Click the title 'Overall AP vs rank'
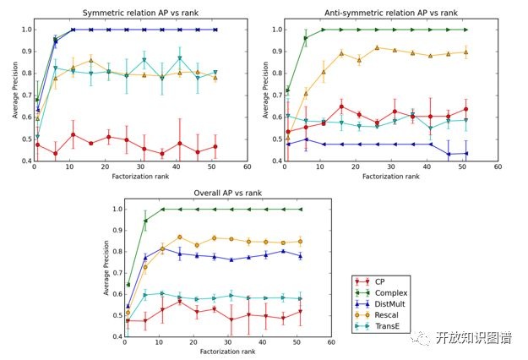point(227,194)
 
